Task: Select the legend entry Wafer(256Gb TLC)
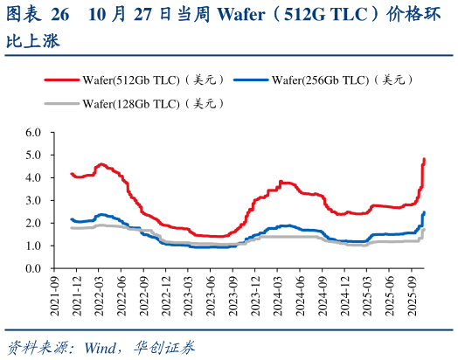[x=342, y=80]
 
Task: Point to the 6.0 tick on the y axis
[x=34, y=133]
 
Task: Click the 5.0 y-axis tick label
[x=34, y=156]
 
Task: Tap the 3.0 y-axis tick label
[x=34, y=201]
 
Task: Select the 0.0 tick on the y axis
[x=34, y=269]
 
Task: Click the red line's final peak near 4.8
[x=425, y=159]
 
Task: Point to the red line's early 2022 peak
[x=101, y=163]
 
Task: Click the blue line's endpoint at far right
[x=425, y=212]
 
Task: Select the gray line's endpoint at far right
[x=425, y=230]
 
